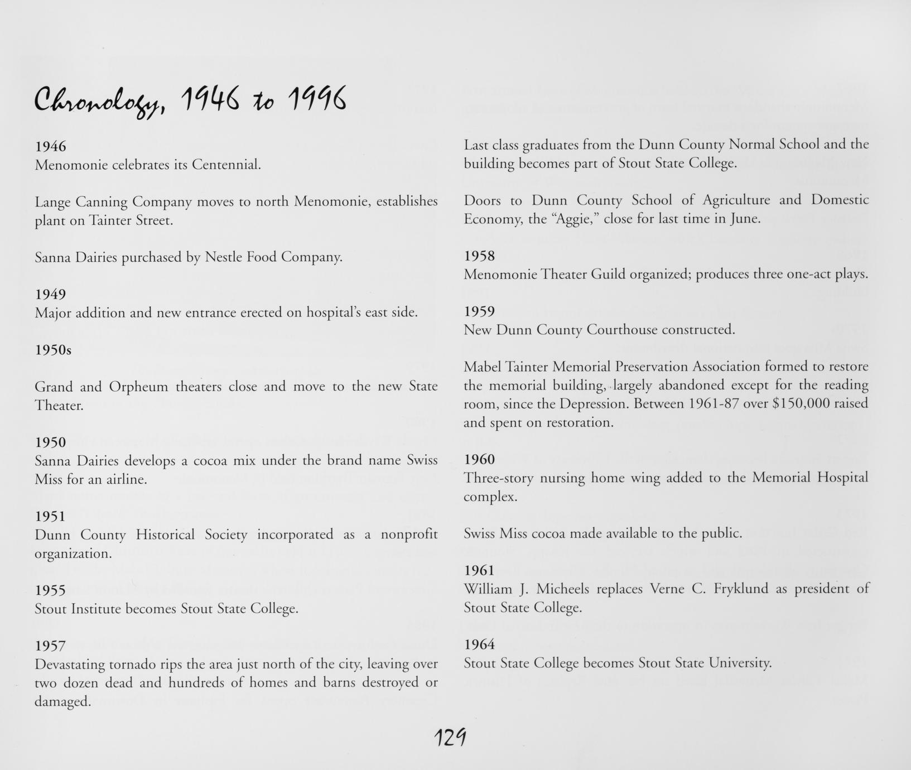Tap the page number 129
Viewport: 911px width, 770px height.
pos(450,739)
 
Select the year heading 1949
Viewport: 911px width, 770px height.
pos(50,294)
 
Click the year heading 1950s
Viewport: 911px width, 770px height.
pos(53,350)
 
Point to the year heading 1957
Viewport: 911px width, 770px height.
pos(50,646)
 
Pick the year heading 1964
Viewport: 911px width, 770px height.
pos(479,644)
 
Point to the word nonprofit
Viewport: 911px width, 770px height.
pos(409,535)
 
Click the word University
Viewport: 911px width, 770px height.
pos(739,663)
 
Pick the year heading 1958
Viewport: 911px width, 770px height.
pos(479,256)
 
